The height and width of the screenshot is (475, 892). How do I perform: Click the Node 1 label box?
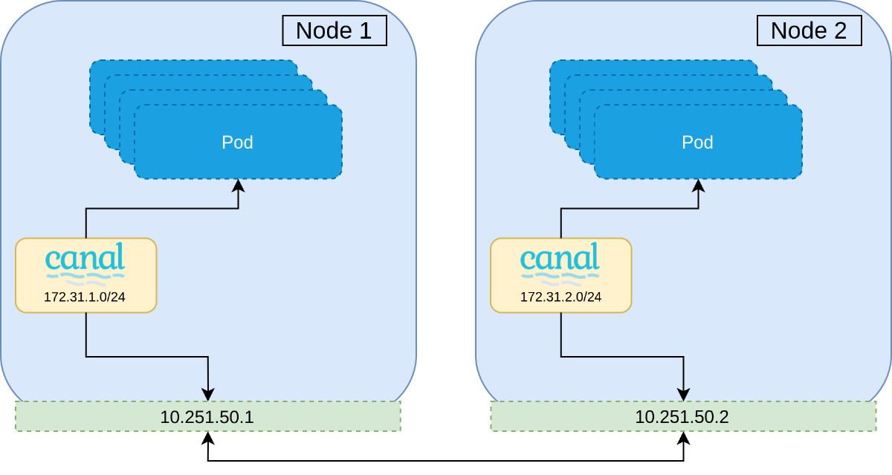(334, 30)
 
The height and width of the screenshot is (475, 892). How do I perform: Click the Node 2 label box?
(809, 30)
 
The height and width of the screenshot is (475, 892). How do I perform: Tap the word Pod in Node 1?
(238, 142)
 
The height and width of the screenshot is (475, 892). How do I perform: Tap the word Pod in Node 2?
(698, 142)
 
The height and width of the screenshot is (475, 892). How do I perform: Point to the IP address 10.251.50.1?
(207, 417)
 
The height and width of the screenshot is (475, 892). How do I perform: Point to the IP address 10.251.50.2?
(682, 417)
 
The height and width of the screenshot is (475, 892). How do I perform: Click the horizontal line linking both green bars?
(446, 461)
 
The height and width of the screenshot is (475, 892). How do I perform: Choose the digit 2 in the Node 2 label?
(840, 30)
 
